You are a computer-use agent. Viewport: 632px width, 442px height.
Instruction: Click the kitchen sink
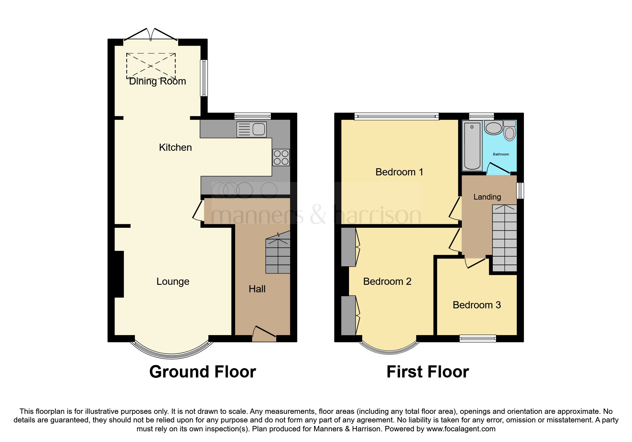point(252,129)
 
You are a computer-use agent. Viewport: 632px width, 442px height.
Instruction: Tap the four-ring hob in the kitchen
point(281,158)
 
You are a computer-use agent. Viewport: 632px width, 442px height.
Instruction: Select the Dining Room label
point(157,81)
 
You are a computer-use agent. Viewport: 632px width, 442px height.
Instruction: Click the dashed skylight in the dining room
point(151,66)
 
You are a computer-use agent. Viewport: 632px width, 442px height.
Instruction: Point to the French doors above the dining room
point(151,35)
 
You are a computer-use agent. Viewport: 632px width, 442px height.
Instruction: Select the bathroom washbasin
point(494,128)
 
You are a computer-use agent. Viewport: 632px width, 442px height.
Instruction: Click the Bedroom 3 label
point(476,305)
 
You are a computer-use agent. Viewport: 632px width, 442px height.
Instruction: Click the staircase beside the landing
point(504,238)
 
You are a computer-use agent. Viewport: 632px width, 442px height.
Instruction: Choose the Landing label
point(487,197)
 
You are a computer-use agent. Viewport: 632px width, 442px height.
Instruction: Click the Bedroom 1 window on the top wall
point(396,116)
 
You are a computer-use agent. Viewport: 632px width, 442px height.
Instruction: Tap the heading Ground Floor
point(202,372)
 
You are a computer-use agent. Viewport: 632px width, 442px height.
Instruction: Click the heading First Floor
point(428,372)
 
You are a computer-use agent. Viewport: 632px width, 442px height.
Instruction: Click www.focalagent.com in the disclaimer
point(461,429)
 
